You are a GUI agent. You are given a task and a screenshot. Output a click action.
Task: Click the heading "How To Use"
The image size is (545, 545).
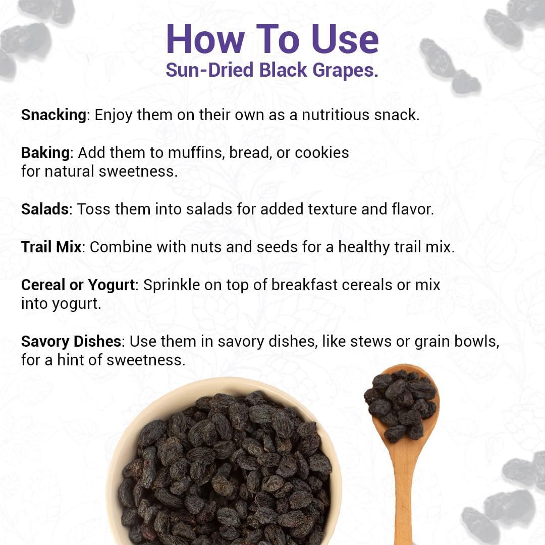tap(272, 39)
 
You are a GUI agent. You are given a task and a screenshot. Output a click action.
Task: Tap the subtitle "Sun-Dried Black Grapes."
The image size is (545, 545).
tap(272, 70)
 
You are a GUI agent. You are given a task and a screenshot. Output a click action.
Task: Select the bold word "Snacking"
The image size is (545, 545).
tap(53, 115)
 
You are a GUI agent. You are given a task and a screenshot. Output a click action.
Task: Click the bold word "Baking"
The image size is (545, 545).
tap(45, 152)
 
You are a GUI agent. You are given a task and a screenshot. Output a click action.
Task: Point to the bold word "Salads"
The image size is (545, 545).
tap(45, 209)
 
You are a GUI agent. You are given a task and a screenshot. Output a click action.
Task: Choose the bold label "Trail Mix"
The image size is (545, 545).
tap(51, 247)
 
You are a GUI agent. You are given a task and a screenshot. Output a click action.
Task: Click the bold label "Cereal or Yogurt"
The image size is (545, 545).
tap(78, 285)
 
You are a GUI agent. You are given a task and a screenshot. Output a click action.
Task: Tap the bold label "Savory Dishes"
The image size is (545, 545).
tap(71, 342)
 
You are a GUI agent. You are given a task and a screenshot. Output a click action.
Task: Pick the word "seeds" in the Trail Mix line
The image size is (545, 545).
tap(277, 247)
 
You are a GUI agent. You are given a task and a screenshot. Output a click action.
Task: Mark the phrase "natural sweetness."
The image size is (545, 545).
tap(111, 172)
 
